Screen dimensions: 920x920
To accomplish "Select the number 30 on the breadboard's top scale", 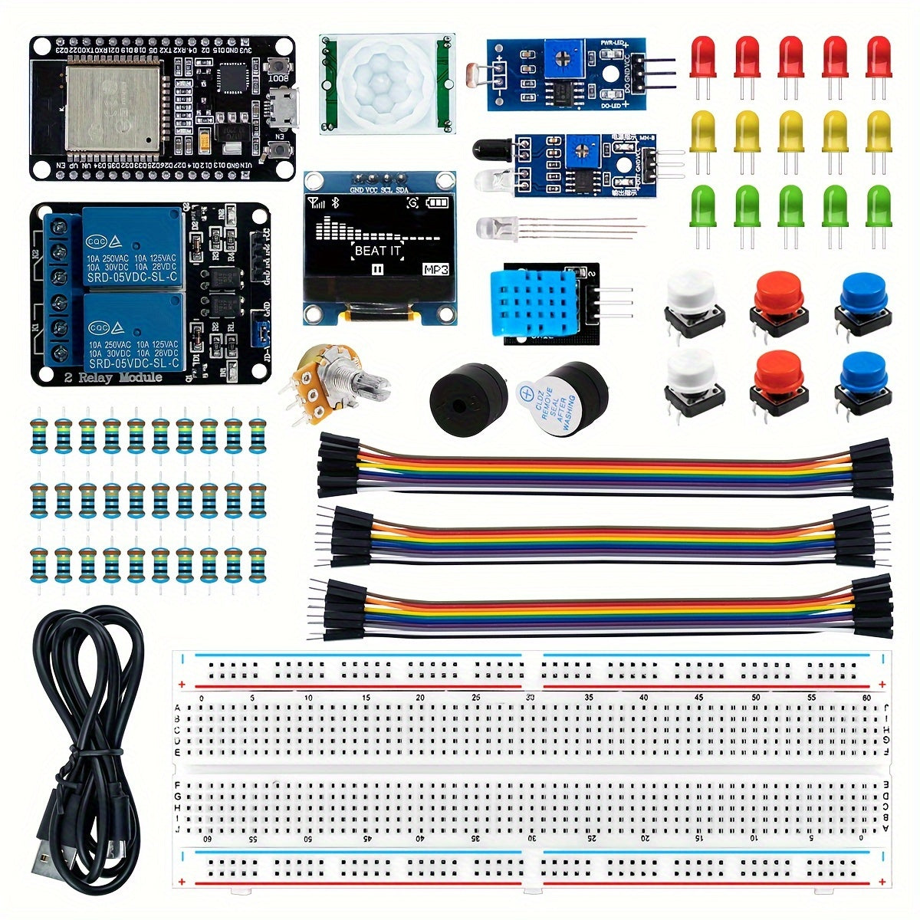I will (x=531, y=698).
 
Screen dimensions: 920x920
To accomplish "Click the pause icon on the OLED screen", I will (x=377, y=269).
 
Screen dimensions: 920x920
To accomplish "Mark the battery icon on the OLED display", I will (x=435, y=202).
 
